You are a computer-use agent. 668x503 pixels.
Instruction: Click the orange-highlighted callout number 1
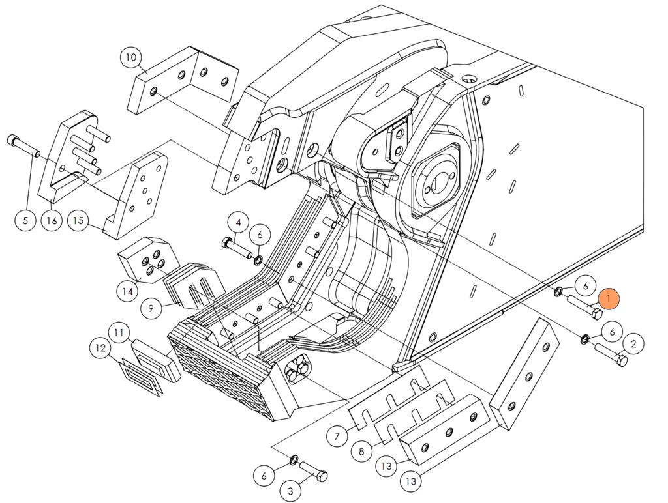608,299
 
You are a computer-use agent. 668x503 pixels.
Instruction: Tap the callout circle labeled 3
291,490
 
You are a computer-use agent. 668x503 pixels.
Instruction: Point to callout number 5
25,220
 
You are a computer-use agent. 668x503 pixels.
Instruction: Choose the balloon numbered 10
131,57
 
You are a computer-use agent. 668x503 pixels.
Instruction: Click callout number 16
52,220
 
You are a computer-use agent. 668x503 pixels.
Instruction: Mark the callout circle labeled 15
79,220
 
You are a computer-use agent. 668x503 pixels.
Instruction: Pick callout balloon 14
129,291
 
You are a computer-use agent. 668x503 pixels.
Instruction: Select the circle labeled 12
100,349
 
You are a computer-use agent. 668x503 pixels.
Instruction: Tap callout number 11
119,333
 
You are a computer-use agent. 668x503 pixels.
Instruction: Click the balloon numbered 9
151,308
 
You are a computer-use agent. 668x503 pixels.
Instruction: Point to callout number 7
337,436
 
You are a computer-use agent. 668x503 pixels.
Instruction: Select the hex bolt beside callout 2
611,356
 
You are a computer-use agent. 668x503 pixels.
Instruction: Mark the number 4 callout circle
238,222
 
